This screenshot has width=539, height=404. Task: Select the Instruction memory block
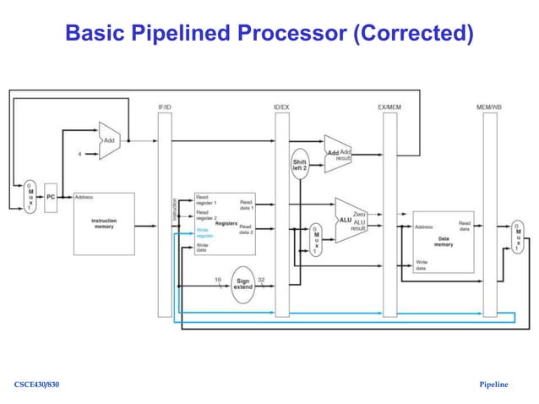[x=104, y=222]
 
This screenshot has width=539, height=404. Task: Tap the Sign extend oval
[x=242, y=283]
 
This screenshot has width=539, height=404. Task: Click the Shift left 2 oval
[x=301, y=164]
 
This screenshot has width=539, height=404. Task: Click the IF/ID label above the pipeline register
[x=166, y=107]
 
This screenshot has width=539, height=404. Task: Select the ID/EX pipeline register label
[x=282, y=107]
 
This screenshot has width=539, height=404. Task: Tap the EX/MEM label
[x=389, y=107]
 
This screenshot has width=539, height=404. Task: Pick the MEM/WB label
[x=491, y=107]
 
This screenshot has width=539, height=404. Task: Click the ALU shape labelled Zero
[x=351, y=220]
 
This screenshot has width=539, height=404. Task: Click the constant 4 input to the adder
[x=79, y=154]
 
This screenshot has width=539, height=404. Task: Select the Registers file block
[x=224, y=224]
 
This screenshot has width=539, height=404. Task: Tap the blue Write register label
[x=204, y=232]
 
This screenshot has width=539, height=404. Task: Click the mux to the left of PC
[x=30, y=196]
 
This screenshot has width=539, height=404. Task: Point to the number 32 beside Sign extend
[x=261, y=279]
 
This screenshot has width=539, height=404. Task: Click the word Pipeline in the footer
[x=493, y=385]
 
